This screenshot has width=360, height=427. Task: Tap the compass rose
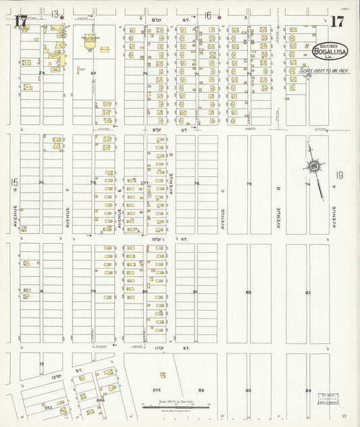pyautogui.click(x=314, y=166)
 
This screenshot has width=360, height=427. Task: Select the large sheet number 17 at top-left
pyautogui.click(x=21, y=21)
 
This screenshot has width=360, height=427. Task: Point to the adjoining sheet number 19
pyautogui.click(x=339, y=177)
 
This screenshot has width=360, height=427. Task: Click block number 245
pyautogui.click(x=157, y=391)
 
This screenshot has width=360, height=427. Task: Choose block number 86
pyautogui.click(x=201, y=391)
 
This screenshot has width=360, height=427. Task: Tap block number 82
pyautogui.click(x=249, y=292)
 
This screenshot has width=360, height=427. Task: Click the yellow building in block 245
pyautogui.click(x=163, y=374)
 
